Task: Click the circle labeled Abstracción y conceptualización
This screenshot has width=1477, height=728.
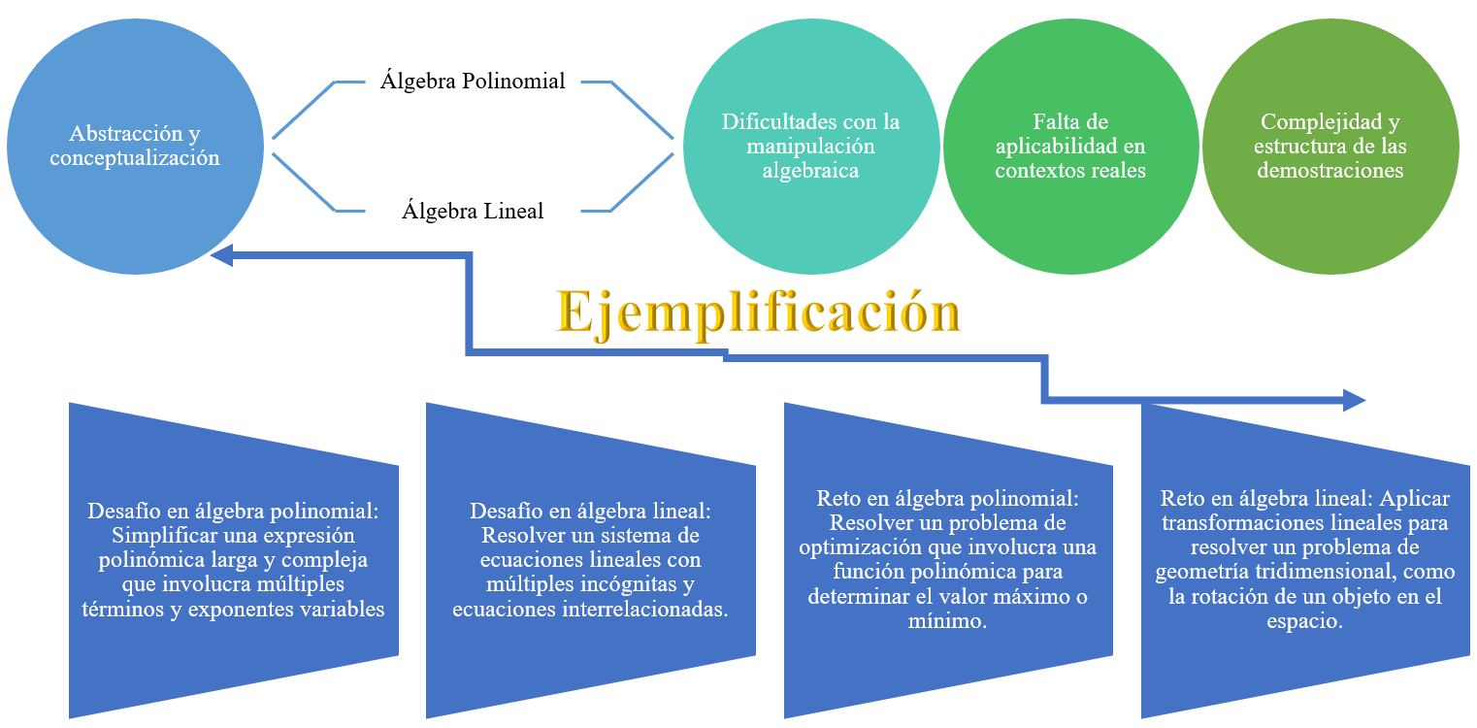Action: [135, 146]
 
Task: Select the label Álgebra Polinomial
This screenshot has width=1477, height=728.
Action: [473, 81]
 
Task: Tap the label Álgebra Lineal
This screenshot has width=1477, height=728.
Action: [473, 211]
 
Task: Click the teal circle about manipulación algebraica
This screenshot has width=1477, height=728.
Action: [810, 146]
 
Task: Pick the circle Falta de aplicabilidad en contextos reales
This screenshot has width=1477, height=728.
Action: [1070, 146]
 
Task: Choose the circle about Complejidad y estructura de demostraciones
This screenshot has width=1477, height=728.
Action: [1329, 146]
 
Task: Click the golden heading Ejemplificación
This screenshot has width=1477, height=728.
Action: [758, 312]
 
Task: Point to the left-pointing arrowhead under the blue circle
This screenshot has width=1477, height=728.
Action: [222, 255]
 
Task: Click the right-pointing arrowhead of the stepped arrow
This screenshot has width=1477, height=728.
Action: [1354, 399]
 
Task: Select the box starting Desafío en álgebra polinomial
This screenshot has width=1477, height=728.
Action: [234, 560]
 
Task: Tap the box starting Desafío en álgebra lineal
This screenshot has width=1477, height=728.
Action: [590, 560]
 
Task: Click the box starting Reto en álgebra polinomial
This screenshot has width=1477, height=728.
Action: [947, 560]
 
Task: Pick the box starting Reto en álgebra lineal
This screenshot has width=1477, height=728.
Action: [1304, 560]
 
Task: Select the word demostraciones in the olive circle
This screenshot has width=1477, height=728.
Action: [1329, 170]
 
